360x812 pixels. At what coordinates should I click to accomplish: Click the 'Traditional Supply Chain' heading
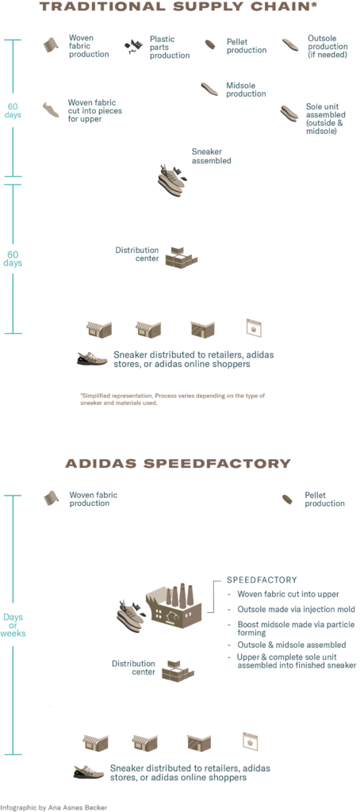point(179,8)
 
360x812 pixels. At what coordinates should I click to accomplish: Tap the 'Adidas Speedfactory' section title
point(179,462)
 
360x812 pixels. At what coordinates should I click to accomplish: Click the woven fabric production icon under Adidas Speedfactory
point(51,497)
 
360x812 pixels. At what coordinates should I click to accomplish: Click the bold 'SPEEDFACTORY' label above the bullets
point(261,580)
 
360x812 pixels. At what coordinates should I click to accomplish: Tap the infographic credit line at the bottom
point(54,806)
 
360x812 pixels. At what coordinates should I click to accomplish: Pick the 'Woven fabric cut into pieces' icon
point(51,107)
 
